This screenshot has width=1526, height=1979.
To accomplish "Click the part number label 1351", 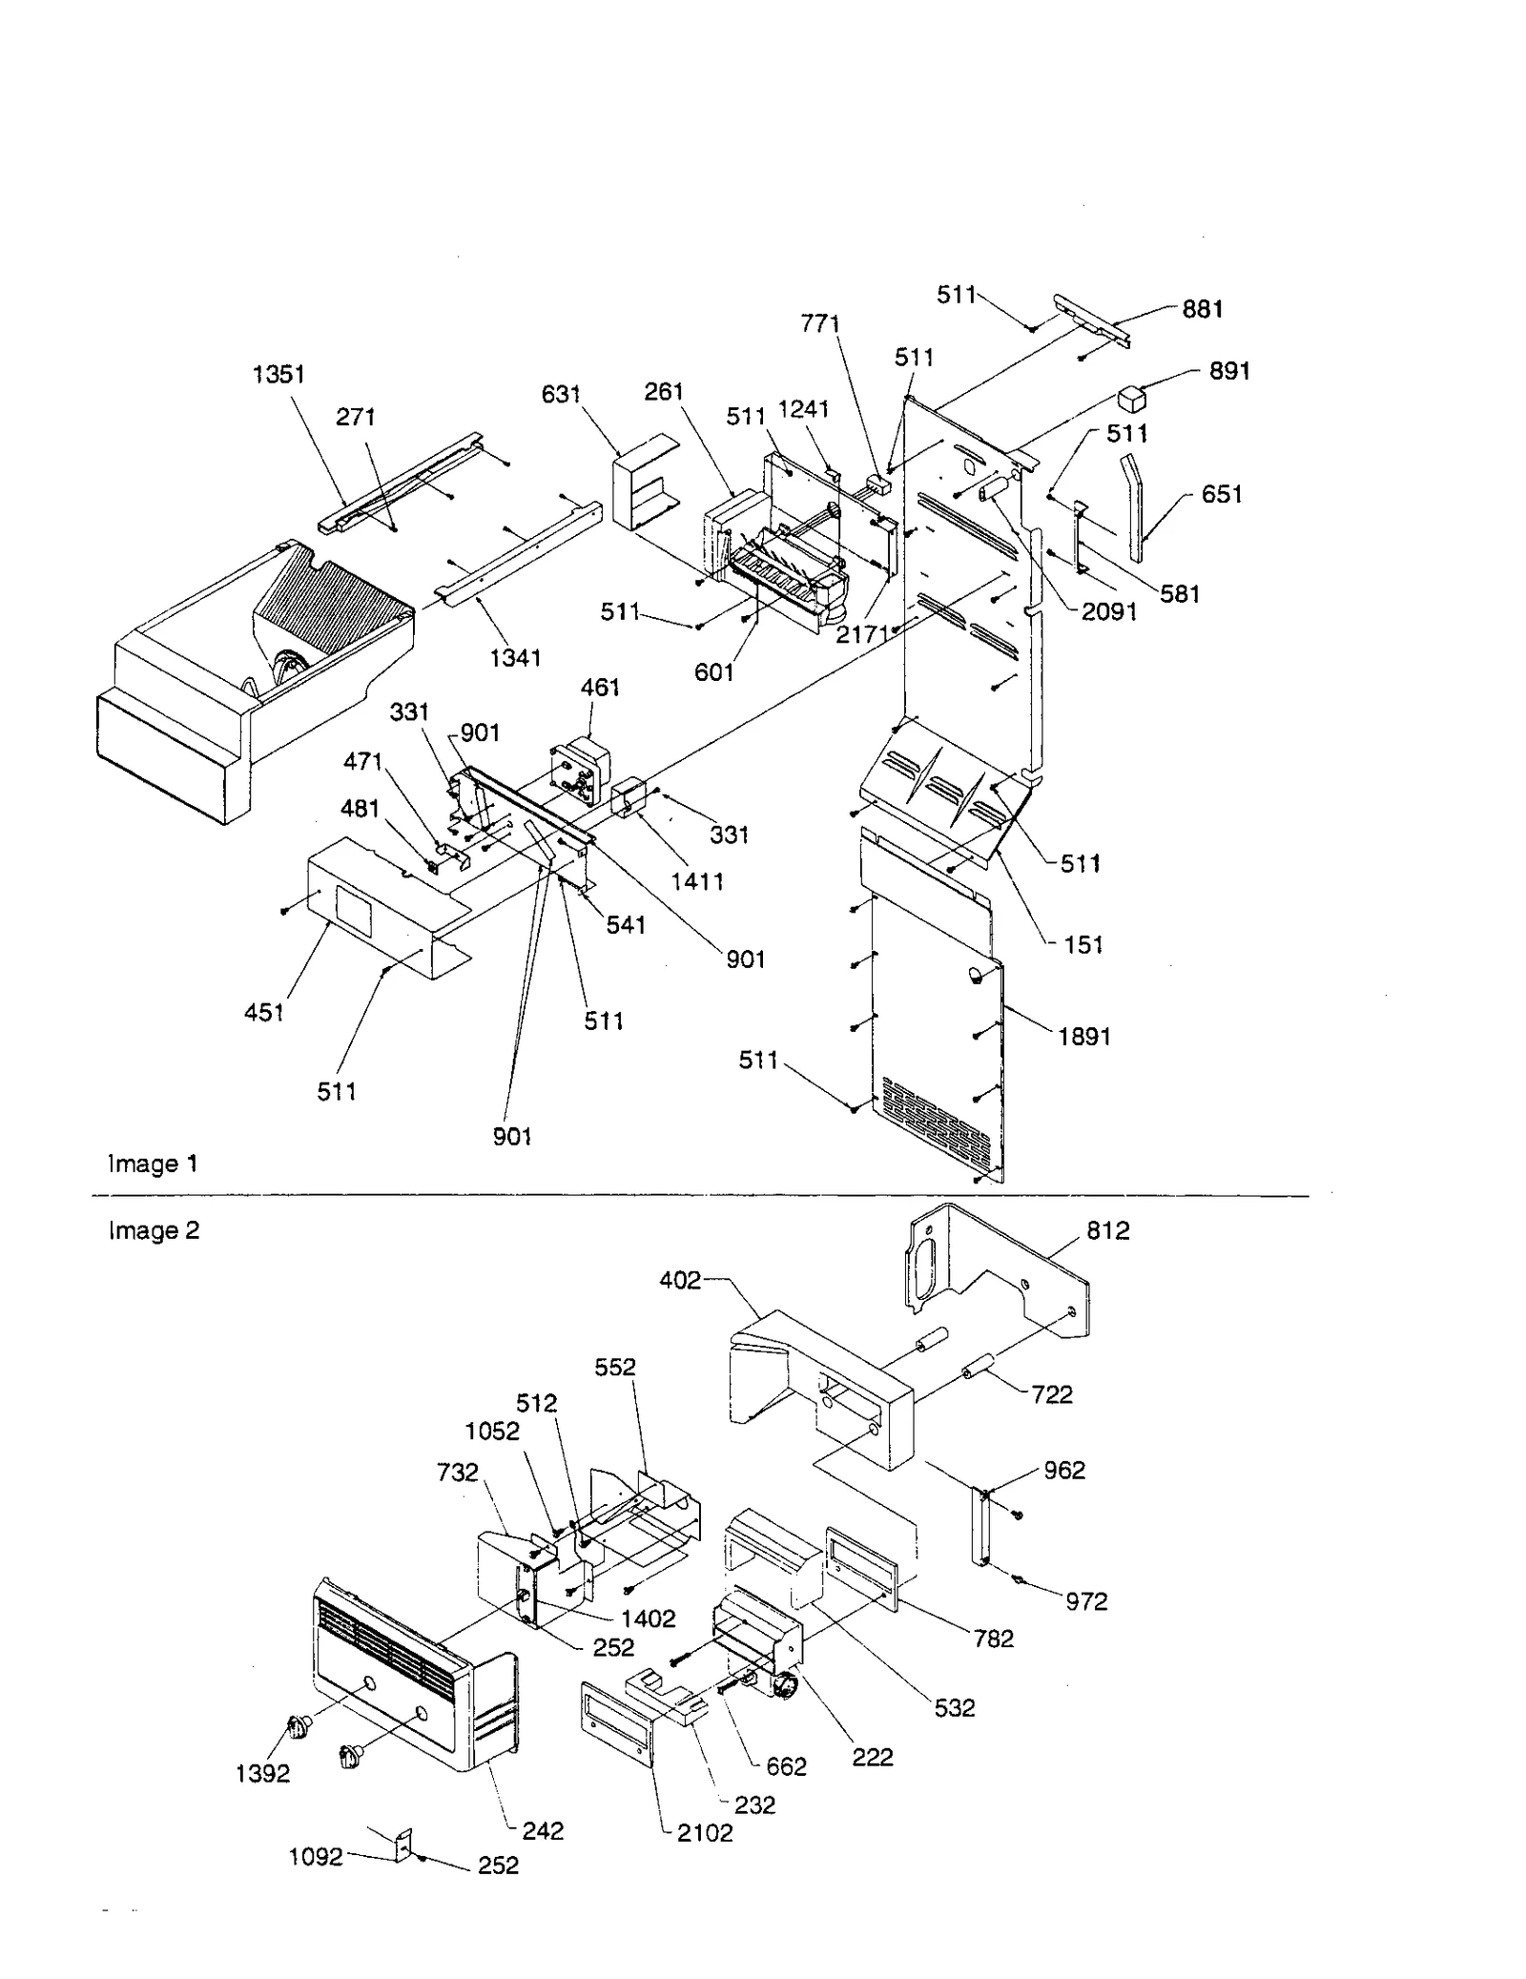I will tap(278, 375).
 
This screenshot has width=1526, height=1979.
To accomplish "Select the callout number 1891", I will tap(1084, 1036).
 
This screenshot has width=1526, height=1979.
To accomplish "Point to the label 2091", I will tap(1108, 611).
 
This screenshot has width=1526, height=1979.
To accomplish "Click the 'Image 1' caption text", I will tap(153, 1164).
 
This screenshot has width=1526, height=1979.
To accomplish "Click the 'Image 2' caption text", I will tap(154, 1230).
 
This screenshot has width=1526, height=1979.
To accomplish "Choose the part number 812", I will tap(1107, 1230).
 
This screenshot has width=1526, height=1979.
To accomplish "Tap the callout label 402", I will tap(680, 1280).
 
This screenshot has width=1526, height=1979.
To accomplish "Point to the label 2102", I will tap(705, 1833).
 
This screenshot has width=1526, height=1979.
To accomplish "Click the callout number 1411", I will tap(697, 881).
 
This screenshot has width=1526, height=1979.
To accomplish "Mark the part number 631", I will tap(561, 394).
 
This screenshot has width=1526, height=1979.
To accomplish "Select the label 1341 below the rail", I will tap(515, 657).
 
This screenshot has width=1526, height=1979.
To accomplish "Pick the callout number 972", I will tap(1086, 1601).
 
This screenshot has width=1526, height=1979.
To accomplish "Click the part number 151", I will tap(1083, 944).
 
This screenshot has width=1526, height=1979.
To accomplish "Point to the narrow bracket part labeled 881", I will tap(1093, 321).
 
